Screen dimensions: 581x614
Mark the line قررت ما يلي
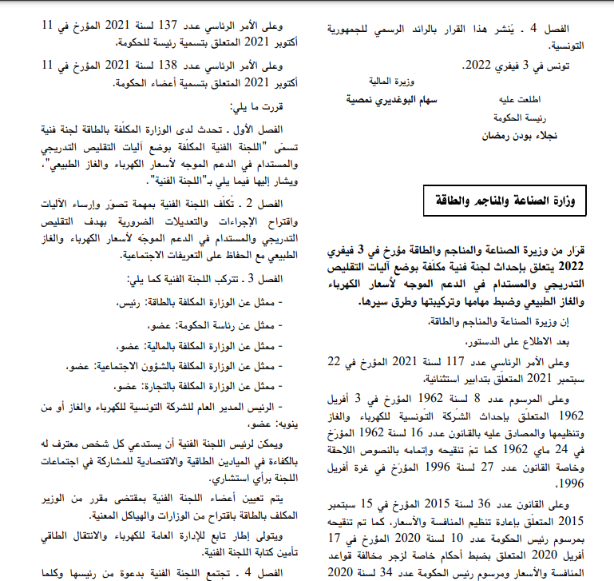coord(259,106)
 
